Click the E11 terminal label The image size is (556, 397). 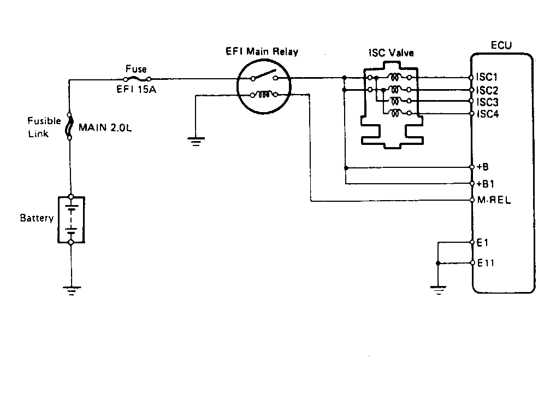[486, 263]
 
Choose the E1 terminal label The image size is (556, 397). [483, 242]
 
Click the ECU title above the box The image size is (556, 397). [501, 46]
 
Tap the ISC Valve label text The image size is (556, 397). [391, 54]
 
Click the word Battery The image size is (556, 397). [37, 218]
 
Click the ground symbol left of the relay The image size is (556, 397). [195, 142]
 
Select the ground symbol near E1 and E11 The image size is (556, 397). [438, 289]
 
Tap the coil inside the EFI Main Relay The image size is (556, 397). [264, 95]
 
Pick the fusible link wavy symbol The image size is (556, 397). [70, 127]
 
